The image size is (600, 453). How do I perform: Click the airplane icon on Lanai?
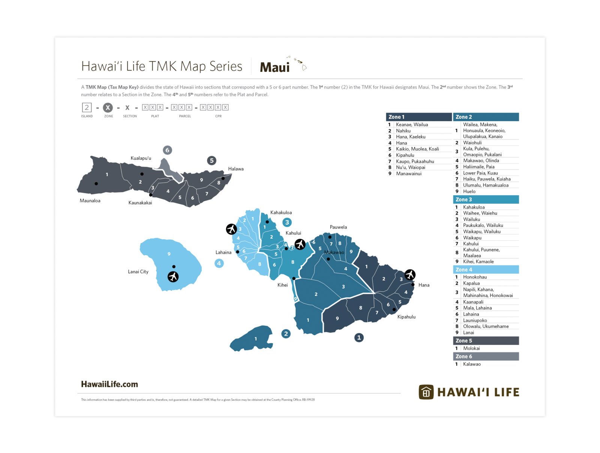click(x=173, y=277)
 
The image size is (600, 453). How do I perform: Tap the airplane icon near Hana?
click(x=410, y=275)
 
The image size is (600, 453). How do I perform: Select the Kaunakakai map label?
click(x=140, y=203)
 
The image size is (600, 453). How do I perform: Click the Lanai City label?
click(x=138, y=272)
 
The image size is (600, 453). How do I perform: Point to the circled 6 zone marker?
click(x=167, y=150)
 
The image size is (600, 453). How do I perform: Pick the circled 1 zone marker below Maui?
click(x=359, y=337)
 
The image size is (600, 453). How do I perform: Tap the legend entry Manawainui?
click(x=408, y=174)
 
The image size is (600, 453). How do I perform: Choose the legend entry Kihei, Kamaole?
click(x=478, y=262)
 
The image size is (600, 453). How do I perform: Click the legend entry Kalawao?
click(x=471, y=364)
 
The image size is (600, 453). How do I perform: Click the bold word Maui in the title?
click(x=274, y=68)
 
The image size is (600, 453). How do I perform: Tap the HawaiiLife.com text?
click(x=109, y=384)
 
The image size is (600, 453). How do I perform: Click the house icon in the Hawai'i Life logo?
click(x=426, y=392)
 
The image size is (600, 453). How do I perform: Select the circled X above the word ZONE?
click(x=108, y=108)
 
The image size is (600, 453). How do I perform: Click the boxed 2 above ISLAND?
click(x=87, y=108)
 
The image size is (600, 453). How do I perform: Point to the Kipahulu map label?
click(x=406, y=317)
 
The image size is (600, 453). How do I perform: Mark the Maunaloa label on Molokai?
click(x=90, y=201)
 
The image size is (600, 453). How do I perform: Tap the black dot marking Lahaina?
click(x=237, y=252)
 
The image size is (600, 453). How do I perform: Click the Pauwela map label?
click(x=338, y=227)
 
